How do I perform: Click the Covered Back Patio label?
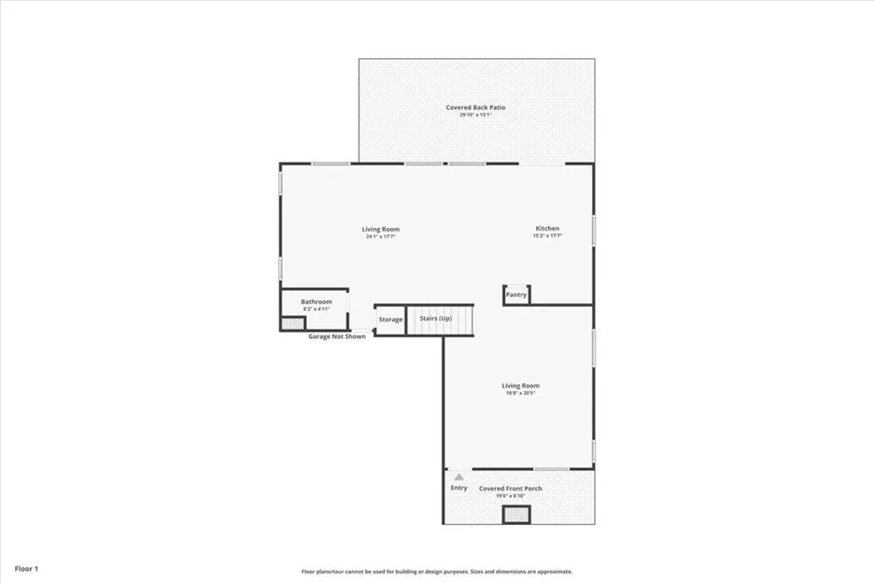click(x=475, y=108)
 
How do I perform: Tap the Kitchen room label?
click(x=547, y=229)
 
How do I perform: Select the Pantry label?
click(x=516, y=295)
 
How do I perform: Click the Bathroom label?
click(x=316, y=301)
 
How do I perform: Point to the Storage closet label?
click(x=391, y=319)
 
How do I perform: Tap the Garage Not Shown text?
click(x=336, y=336)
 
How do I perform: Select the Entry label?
click(x=459, y=487)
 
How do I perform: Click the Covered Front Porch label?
click(x=510, y=488)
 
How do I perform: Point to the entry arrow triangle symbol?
click(x=459, y=476)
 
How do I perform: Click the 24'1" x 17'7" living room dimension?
click(x=381, y=236)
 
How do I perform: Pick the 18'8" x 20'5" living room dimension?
click(x=520, y=393)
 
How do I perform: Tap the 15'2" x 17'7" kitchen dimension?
click(x=547, y=236)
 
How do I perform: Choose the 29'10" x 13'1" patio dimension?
click(x=475, y=114)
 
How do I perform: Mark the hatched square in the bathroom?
click(x=293, y=324)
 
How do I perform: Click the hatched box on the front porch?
click(x=516, y=515)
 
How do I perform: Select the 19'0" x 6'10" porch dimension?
click(x=510, y=495)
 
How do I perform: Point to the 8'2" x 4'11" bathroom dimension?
click(x=316, y=309)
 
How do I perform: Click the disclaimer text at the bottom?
click(x=436, y=572)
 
